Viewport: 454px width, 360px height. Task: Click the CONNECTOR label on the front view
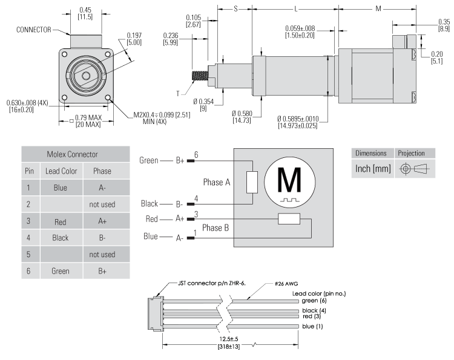[x=34, y=29]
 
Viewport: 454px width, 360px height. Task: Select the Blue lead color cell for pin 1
[x=60, y=188]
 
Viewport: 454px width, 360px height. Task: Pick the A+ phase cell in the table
[x=102, y=221]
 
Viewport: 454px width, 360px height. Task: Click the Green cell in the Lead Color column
[x=60, y=272]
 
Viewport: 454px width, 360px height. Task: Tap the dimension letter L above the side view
[x=295, y=9]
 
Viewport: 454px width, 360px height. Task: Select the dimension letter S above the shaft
[x=235, y=9]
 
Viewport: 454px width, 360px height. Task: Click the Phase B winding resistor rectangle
[x=289, y=219]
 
